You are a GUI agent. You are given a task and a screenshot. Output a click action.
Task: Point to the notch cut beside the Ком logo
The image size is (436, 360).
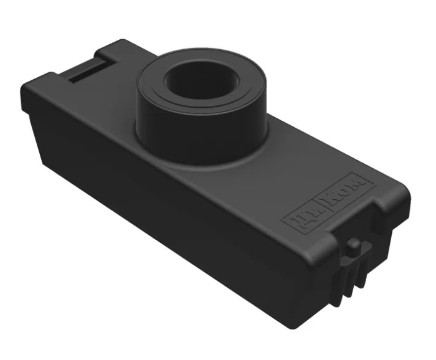(381, 206)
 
